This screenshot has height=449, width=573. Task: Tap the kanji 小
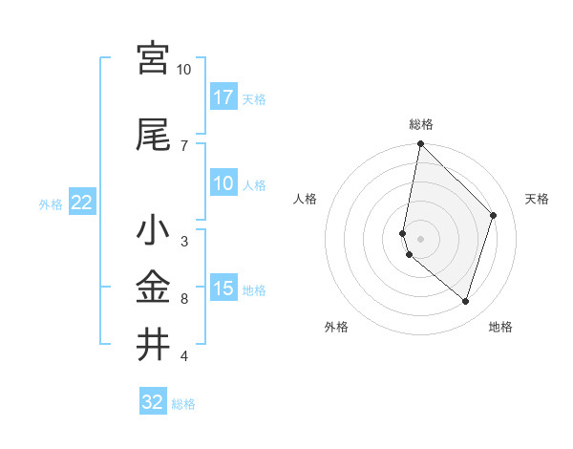point(153,230)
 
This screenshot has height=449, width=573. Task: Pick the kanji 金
point(153,286)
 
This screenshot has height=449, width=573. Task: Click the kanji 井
point(153,343)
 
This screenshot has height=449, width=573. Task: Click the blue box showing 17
point(223,97)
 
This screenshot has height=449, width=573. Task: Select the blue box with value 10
point(223,183)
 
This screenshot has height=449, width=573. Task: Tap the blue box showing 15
point(223,289)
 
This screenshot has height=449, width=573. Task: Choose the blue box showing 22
point(82,203)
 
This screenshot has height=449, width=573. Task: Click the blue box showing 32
point(153,402)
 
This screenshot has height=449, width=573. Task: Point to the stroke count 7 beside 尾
point(184,145)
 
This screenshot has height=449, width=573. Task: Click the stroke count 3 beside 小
point(184,241)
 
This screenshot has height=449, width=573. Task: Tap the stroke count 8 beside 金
point(184,298)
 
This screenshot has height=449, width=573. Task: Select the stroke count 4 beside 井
point(184,356)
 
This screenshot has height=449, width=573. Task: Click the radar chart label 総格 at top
point(421,125)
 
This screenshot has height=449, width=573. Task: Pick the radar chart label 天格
point(537,199)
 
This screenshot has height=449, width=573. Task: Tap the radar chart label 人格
point(305,199)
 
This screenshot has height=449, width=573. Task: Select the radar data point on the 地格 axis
point(465,301)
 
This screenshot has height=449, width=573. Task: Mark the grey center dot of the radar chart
point(421,238)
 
